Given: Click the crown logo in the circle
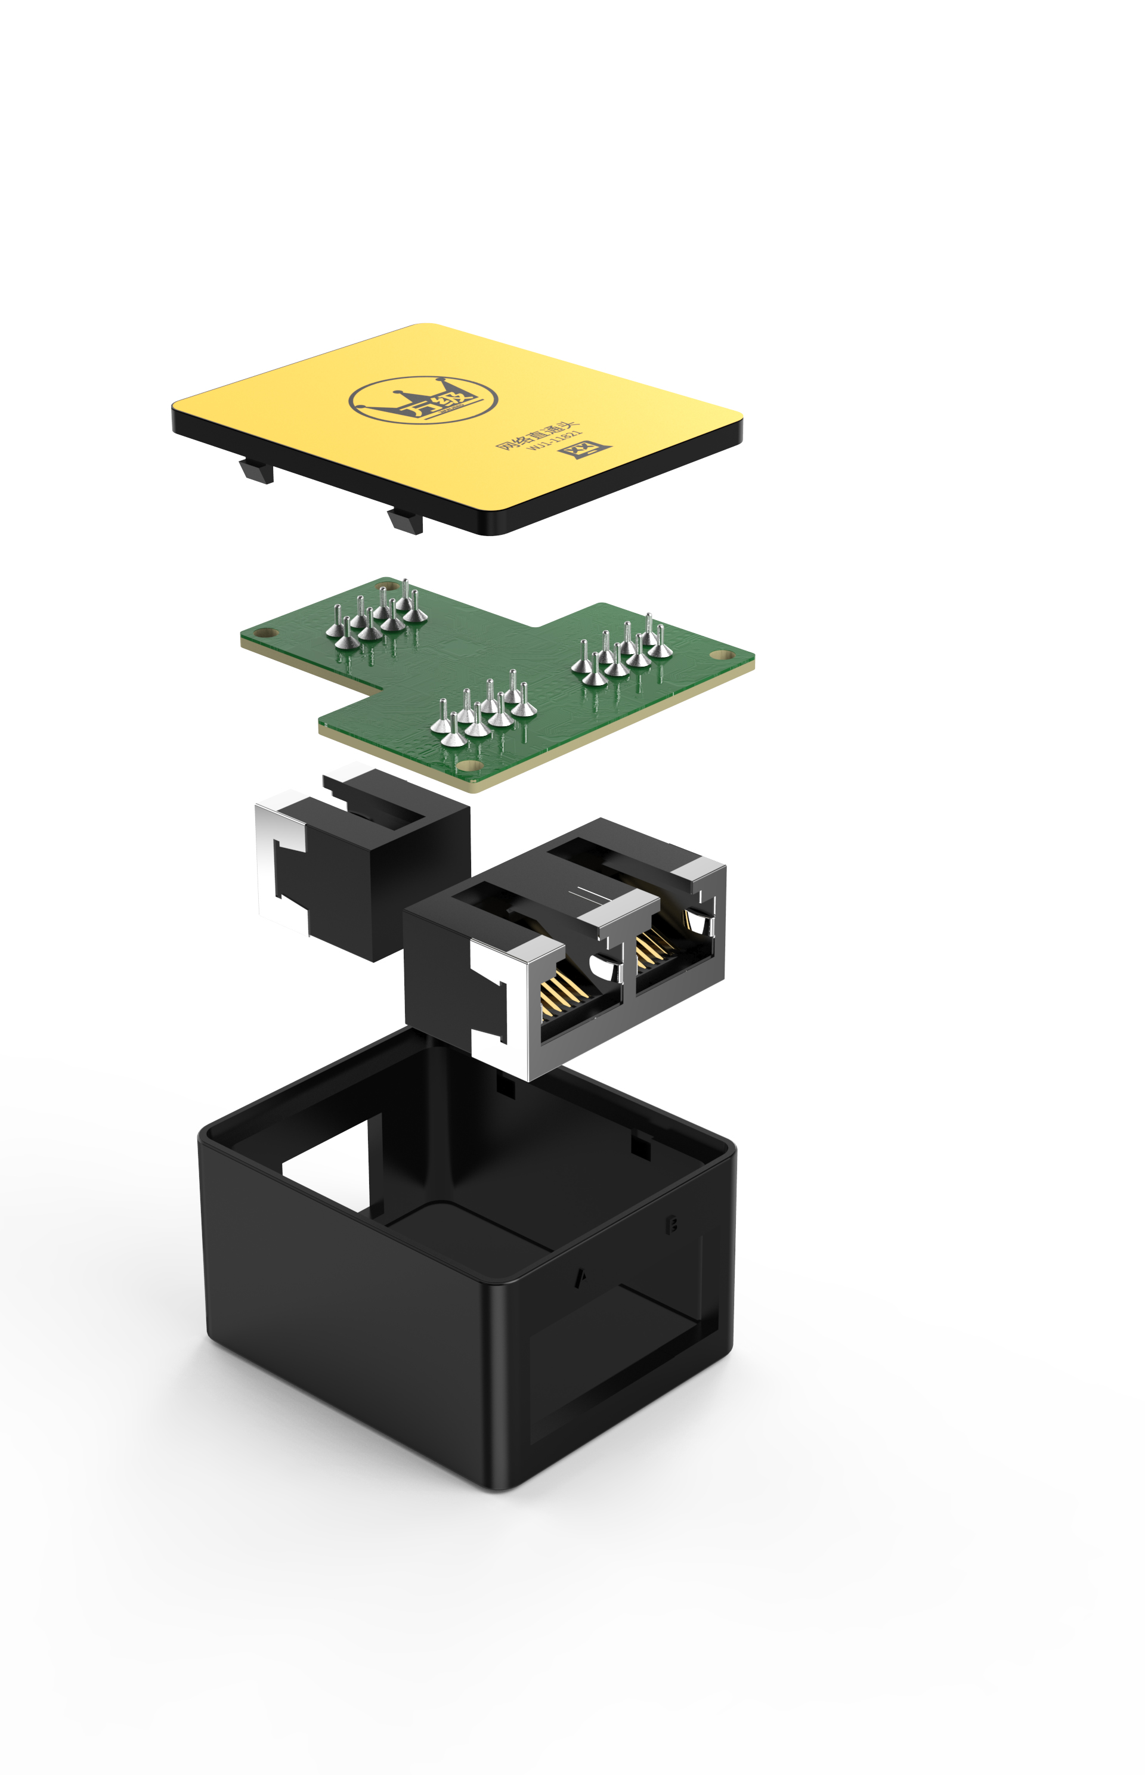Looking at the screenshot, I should click(x=423, y=400).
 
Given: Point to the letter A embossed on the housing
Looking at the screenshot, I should click(x=581, y=1278).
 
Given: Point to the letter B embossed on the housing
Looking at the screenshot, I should click(x=671, y=1223).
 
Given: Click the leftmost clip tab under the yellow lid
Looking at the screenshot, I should click(x=257, y=470).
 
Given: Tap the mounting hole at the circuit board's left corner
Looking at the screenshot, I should click(x=266, y=633).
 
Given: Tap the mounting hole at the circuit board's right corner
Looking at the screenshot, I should click(x=720, y=655).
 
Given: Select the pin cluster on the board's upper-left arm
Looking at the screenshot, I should click(x=376, y=616).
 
